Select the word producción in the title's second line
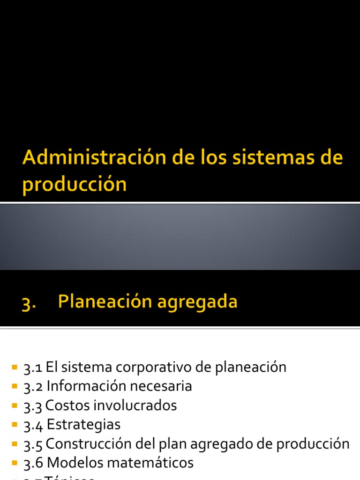(74, 185)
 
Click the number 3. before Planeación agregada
(29, 303)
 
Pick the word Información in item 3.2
(83, 386)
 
